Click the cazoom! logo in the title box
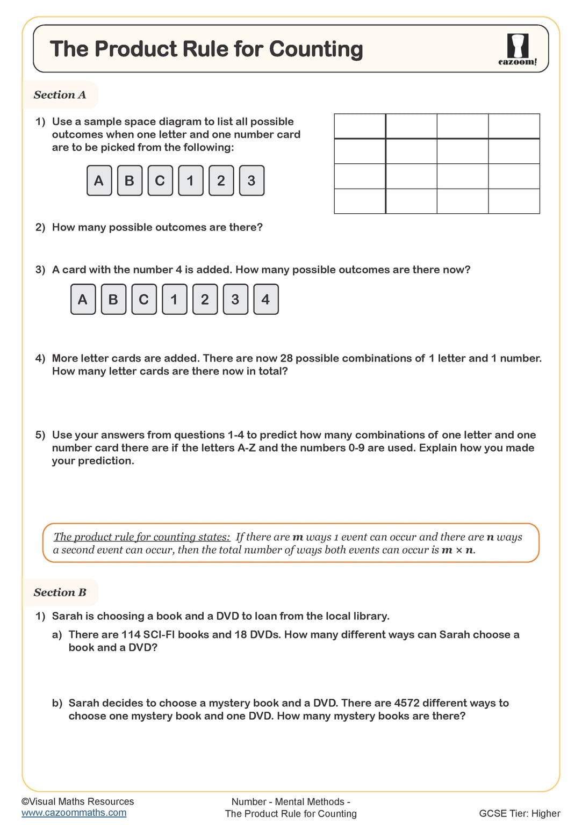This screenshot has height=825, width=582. click(518, 49)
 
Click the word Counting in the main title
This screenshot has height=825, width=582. click(316, 49)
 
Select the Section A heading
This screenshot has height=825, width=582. click(60, 95)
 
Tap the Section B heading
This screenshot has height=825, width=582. click(60, 592)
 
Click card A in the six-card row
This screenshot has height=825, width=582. click(99, 180)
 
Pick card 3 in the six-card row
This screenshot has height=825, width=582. click(252, 180)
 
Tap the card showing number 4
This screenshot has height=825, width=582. click(265, 299)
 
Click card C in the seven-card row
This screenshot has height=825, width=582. click(143, 299)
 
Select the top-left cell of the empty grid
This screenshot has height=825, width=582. click(360, 126)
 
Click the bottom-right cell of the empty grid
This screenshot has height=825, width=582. click(514, 201)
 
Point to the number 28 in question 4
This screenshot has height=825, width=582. click(286, 358)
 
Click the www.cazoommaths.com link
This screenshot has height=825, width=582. click(74, 813)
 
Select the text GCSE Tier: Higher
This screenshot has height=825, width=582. click(519, 813)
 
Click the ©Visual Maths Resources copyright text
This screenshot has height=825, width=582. click(77, 801)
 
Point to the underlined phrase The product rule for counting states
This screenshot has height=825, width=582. click(142, 537)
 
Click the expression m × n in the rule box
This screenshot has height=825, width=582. click(457, 550)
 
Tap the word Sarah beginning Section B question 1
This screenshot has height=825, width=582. click(67, 616)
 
